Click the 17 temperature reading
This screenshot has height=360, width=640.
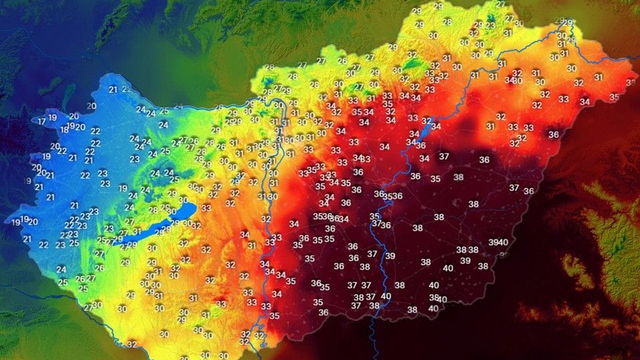click(41, 121)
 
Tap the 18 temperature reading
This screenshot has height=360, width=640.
click(64, 129)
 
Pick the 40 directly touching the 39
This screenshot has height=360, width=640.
click(505, 243)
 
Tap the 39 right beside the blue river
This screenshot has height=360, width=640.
click(389, 257)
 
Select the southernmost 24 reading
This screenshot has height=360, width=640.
click(61, 269)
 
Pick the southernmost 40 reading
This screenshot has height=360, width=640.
click(433, 309)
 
